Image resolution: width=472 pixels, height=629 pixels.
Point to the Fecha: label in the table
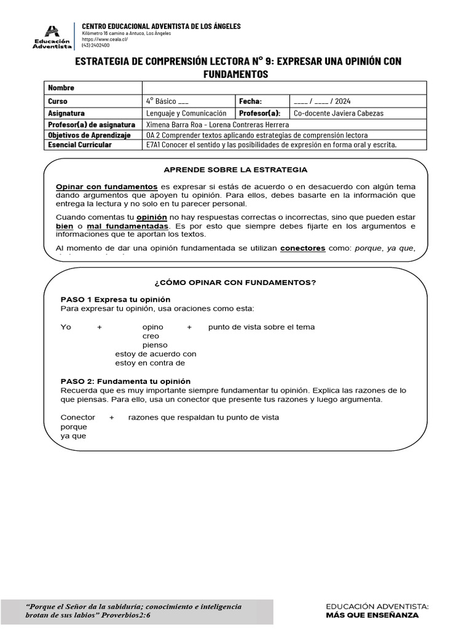[x=250, y=101]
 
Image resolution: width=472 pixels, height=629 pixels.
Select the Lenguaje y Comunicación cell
[x=186, y=113]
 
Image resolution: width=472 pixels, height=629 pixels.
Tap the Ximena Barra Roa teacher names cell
[x=218, y=124]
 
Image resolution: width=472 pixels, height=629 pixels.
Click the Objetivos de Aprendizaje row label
[x=89, y=135]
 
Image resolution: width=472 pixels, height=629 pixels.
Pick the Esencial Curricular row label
[x=80, y=145]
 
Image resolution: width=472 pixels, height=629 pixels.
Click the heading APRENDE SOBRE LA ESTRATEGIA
[x=235, y=170]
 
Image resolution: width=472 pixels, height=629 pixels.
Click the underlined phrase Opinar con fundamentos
[x=106, y=186]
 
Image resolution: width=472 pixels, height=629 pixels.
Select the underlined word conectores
[x=302, y=248]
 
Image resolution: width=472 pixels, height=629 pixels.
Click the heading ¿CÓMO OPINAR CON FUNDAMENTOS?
[x=235, y=283]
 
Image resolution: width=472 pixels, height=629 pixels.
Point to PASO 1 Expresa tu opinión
[x=115, y=299]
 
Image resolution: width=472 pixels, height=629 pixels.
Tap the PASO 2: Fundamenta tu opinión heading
[x=125, y=381]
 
